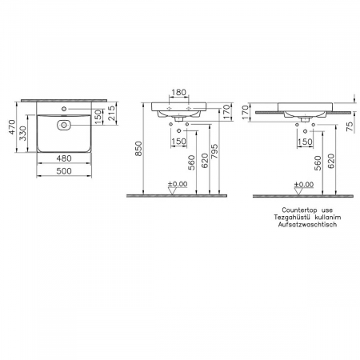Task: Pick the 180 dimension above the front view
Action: [x=180, y=91]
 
